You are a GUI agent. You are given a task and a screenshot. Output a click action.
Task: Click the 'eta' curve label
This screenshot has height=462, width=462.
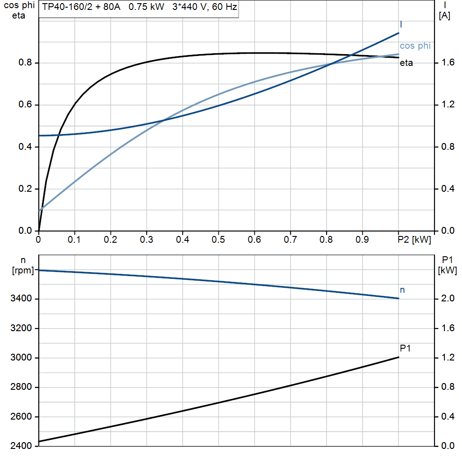coord(406,63)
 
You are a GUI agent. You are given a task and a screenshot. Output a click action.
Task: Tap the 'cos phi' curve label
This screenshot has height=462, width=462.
coord(415,46)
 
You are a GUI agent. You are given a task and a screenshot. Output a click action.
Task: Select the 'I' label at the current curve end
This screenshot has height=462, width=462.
coord(401,24)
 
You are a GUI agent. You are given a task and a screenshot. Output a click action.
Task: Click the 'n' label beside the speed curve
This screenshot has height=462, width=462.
coord(402,290)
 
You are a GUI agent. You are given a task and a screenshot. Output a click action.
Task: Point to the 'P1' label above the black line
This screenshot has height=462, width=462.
coord(405,348)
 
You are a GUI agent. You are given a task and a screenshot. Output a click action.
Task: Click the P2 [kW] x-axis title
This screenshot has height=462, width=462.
coord(414,240)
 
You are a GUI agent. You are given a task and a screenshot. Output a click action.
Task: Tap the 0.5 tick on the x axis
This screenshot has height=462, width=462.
coord(218,240)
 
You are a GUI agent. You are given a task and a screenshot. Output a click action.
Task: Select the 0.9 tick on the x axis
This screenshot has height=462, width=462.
coord(362,240)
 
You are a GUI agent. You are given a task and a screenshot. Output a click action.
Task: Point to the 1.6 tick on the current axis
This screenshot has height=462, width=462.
coord(446,63)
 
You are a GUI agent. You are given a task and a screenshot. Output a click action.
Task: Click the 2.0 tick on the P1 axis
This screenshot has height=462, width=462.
coord(446,299)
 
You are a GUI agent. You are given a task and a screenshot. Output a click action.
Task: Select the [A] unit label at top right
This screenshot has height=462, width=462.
coord(444,16)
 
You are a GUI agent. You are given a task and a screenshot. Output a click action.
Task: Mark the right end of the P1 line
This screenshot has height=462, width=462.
coord(399,357)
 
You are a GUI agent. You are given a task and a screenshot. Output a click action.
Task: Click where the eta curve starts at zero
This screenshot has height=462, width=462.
coord(39,231)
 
